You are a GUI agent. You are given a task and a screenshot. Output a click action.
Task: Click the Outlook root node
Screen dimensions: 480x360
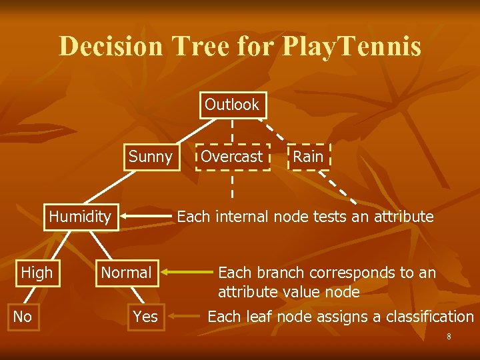[232, 105]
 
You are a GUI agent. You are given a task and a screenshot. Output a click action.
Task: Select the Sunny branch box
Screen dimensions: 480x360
[150, 157]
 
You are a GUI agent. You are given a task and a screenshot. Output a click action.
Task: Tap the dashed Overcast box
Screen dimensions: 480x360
[232, 157]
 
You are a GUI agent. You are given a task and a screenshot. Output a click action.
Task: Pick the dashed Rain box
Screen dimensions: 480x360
[308, 157]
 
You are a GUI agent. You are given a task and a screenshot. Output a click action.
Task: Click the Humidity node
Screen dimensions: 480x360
[80, 217]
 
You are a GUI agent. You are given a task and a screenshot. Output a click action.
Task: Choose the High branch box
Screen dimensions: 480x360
[37, 273]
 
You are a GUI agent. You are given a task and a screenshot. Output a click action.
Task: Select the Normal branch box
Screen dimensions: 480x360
[126, 273]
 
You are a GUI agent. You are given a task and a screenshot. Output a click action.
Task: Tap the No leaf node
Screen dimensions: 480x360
[23, 317]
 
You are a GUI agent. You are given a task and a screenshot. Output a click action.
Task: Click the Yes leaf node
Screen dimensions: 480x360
[145, 317]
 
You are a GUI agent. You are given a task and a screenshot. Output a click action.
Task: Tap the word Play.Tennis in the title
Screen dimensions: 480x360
[352, 47]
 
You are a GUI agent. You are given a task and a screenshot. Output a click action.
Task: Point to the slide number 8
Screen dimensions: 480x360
[449, 337]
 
